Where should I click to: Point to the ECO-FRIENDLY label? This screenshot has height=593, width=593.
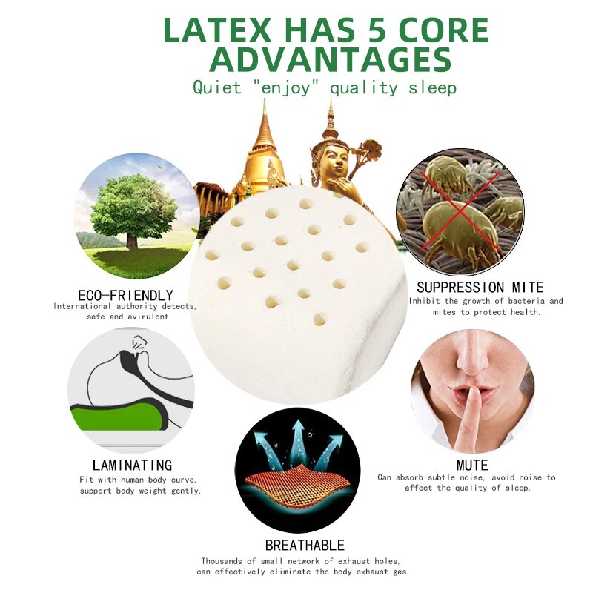pyautogui.click(x=125, y=295)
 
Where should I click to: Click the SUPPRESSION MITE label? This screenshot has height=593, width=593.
pyautogui.click(x=480, y=287)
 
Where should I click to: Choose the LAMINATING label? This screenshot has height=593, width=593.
pyautogui.click(x=127, y=466)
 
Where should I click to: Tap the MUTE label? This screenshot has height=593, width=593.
pyautogui.click(x=472, y=466)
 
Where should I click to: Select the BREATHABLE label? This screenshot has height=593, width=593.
pyautogui.click(x=305, y=546)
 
